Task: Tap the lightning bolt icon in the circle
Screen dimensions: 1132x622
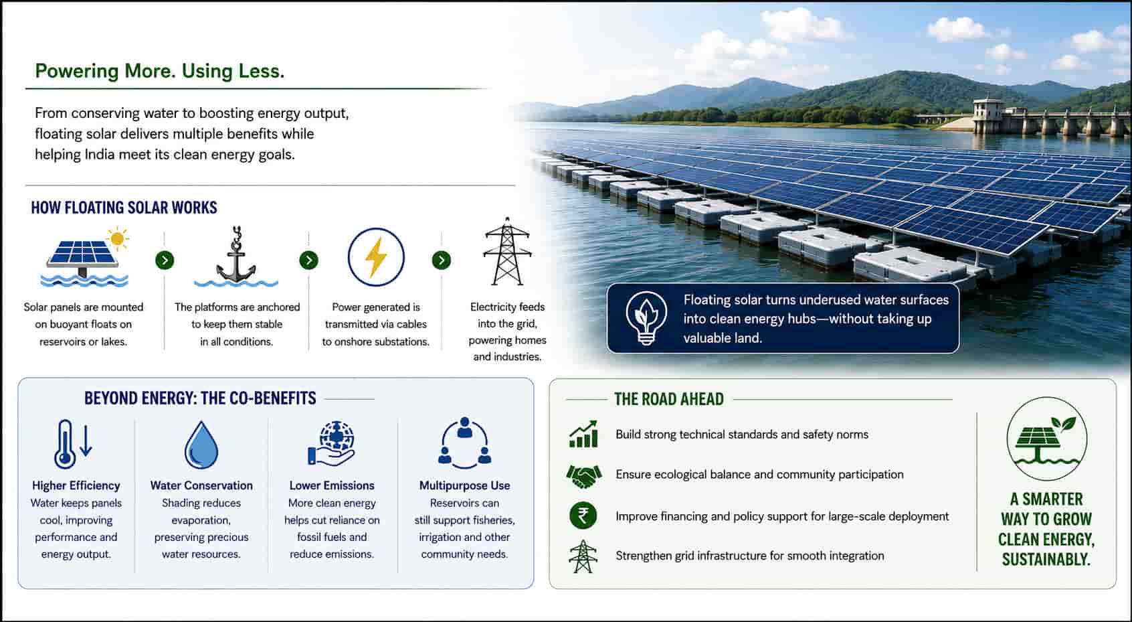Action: pos(376,257)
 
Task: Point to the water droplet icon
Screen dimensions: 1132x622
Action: pos(201,445)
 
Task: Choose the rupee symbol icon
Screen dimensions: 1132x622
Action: pos(583,516)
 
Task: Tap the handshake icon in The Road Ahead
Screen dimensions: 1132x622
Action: pos(583,475)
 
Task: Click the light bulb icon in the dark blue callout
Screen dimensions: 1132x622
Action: pos(646,318)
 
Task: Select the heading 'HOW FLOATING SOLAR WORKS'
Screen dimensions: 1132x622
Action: pos(124,208)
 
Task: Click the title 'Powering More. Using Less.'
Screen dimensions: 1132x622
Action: pos(160,71)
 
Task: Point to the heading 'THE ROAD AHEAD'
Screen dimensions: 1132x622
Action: pos(668,399)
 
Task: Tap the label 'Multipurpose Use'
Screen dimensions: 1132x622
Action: pos(464,485)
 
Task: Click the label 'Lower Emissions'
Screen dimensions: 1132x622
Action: pos(332,485)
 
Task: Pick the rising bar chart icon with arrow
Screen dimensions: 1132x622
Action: pos(583,434)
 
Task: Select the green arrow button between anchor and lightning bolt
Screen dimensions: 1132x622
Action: pos(309,260)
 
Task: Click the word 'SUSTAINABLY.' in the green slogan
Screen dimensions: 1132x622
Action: pos(1046,559)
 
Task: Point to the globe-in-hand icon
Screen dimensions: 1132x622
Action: pos(332,443)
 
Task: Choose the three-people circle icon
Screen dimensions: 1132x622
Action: pos(464,443)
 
